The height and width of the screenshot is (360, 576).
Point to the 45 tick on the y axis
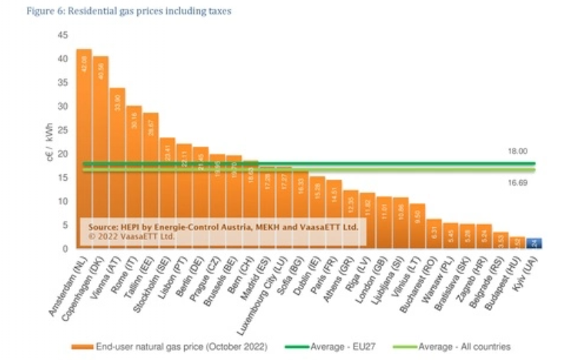pos(63,35)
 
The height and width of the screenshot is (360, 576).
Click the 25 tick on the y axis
pos(63,130)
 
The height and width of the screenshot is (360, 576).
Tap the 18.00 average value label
pos(517,151)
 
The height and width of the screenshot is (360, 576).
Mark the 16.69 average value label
pos(517,183)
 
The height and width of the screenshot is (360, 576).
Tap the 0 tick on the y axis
pos(65,249)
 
